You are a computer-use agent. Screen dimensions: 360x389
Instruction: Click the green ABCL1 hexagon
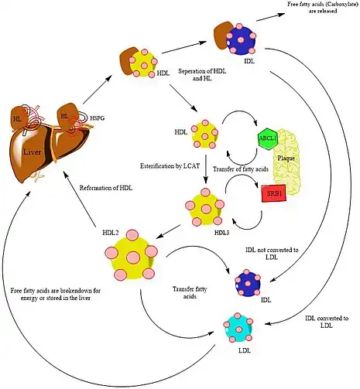267,138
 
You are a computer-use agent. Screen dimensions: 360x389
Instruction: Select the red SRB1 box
274,193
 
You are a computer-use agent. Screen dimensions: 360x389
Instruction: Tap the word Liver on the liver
32,152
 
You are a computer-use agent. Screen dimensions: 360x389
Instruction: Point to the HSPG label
98,118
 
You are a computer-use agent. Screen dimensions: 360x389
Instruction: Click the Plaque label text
286,158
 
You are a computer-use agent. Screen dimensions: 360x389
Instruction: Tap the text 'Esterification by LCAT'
170,166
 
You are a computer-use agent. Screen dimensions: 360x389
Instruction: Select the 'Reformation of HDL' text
106,188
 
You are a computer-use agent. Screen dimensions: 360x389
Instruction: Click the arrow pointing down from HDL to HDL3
206,169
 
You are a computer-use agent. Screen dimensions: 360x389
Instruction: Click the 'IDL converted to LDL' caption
327,322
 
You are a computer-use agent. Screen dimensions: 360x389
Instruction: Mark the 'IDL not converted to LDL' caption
272,254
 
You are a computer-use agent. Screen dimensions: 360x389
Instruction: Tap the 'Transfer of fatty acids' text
241,169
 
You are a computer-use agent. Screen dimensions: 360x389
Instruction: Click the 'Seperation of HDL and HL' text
202,75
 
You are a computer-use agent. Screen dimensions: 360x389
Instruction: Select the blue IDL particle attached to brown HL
240,39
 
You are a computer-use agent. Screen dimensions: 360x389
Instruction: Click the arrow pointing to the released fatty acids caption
271,17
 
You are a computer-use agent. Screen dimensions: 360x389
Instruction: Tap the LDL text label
244,350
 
